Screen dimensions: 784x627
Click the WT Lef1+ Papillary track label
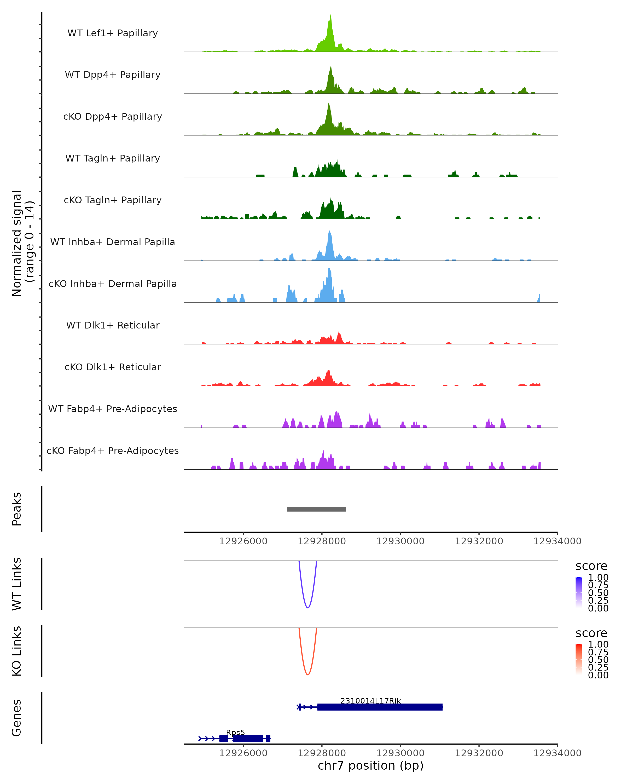tap(113, 33)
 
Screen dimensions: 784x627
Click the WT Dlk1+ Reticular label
tap(113, 325)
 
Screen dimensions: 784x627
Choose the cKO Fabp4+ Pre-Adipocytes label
tap(113, 451)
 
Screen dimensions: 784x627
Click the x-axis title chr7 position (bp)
tap(370, 765)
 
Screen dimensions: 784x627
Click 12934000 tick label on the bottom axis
tap(557, 753)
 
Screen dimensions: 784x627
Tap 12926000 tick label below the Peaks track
tap(243, 541)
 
